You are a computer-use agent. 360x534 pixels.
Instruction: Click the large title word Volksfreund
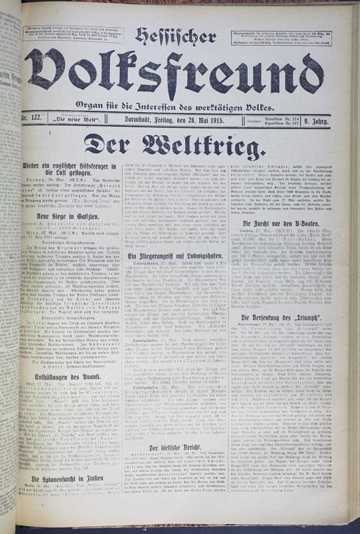point(174,74)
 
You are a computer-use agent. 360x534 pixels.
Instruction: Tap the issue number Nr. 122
point(34,121)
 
